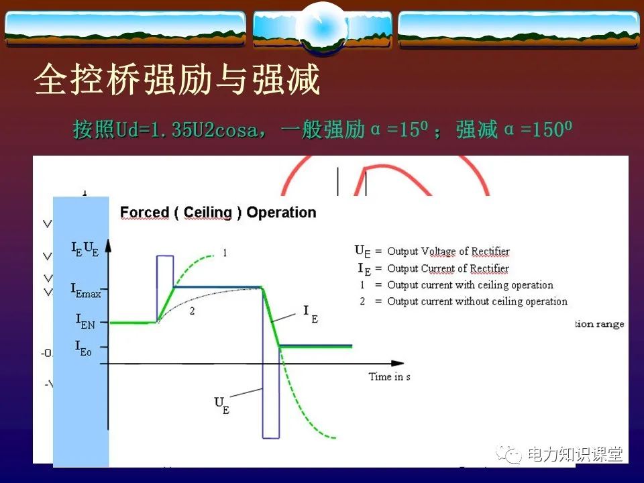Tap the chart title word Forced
tap(144, 213)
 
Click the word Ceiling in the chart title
tap(207, 213)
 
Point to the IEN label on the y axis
tap(85, 322)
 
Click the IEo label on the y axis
tap(83, 348)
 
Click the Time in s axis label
tap(389, 377)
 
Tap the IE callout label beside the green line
tap(311, 313)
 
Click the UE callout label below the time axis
tap(222, 405)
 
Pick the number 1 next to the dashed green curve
tap(225, 254)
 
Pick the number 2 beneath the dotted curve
tap(192, 311)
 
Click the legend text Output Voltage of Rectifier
tap(448, 252)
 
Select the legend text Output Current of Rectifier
tap(448, 268)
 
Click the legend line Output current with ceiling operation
tap(470, 285)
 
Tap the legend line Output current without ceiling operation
tap(477, 301)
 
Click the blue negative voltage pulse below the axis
tap(270, 402)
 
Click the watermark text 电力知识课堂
tap(575, 455)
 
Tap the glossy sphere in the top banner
tap(321, 27)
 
